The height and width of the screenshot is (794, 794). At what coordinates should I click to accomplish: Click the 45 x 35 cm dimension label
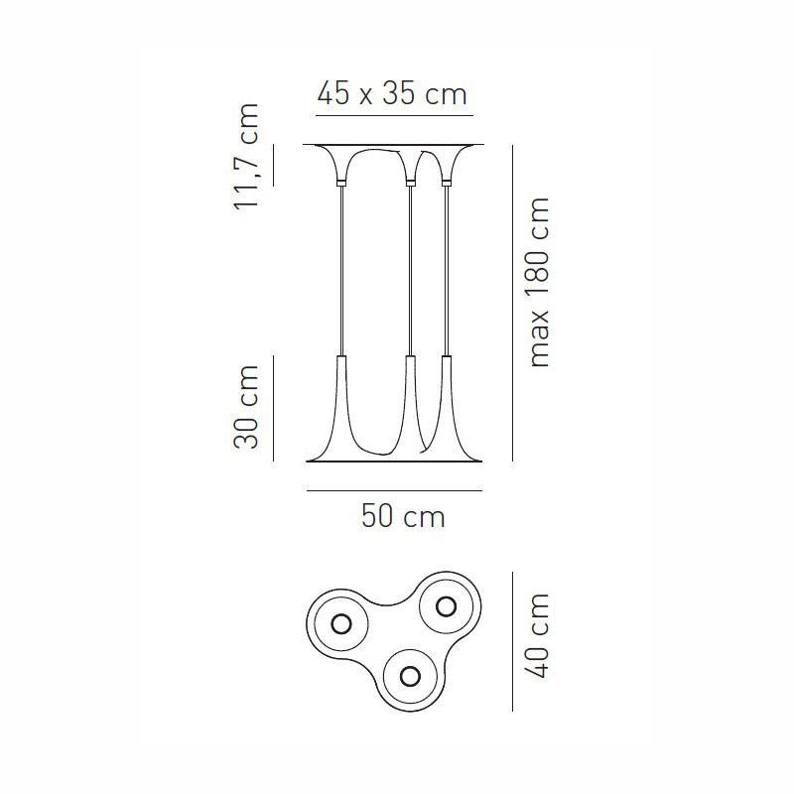392,95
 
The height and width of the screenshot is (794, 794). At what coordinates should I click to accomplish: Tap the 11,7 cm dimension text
245,156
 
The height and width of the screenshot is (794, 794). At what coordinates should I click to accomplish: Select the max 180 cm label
537,283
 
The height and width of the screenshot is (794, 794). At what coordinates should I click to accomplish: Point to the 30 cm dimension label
245,407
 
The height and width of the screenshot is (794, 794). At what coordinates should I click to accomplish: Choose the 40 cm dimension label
537,636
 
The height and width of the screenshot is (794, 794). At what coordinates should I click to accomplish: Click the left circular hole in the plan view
341,623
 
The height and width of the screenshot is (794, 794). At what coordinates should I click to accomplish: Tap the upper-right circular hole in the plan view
446,605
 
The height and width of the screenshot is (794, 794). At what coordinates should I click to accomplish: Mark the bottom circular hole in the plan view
410,676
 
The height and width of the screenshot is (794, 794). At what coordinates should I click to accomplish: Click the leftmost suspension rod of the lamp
342,268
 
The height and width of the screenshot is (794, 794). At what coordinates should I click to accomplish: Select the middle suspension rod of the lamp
409,268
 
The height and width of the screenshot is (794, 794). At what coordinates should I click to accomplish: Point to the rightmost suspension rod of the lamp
447,268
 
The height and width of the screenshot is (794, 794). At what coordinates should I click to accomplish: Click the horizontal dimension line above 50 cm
394,490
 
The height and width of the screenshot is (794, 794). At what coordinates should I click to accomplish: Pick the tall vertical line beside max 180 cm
512,303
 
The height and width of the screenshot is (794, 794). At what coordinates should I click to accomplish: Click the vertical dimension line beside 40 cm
512,641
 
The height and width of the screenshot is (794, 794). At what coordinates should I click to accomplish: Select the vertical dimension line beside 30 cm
273,407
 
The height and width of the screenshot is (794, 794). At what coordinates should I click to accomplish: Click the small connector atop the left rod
342,184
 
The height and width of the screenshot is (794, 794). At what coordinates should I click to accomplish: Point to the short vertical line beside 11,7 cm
273,165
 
